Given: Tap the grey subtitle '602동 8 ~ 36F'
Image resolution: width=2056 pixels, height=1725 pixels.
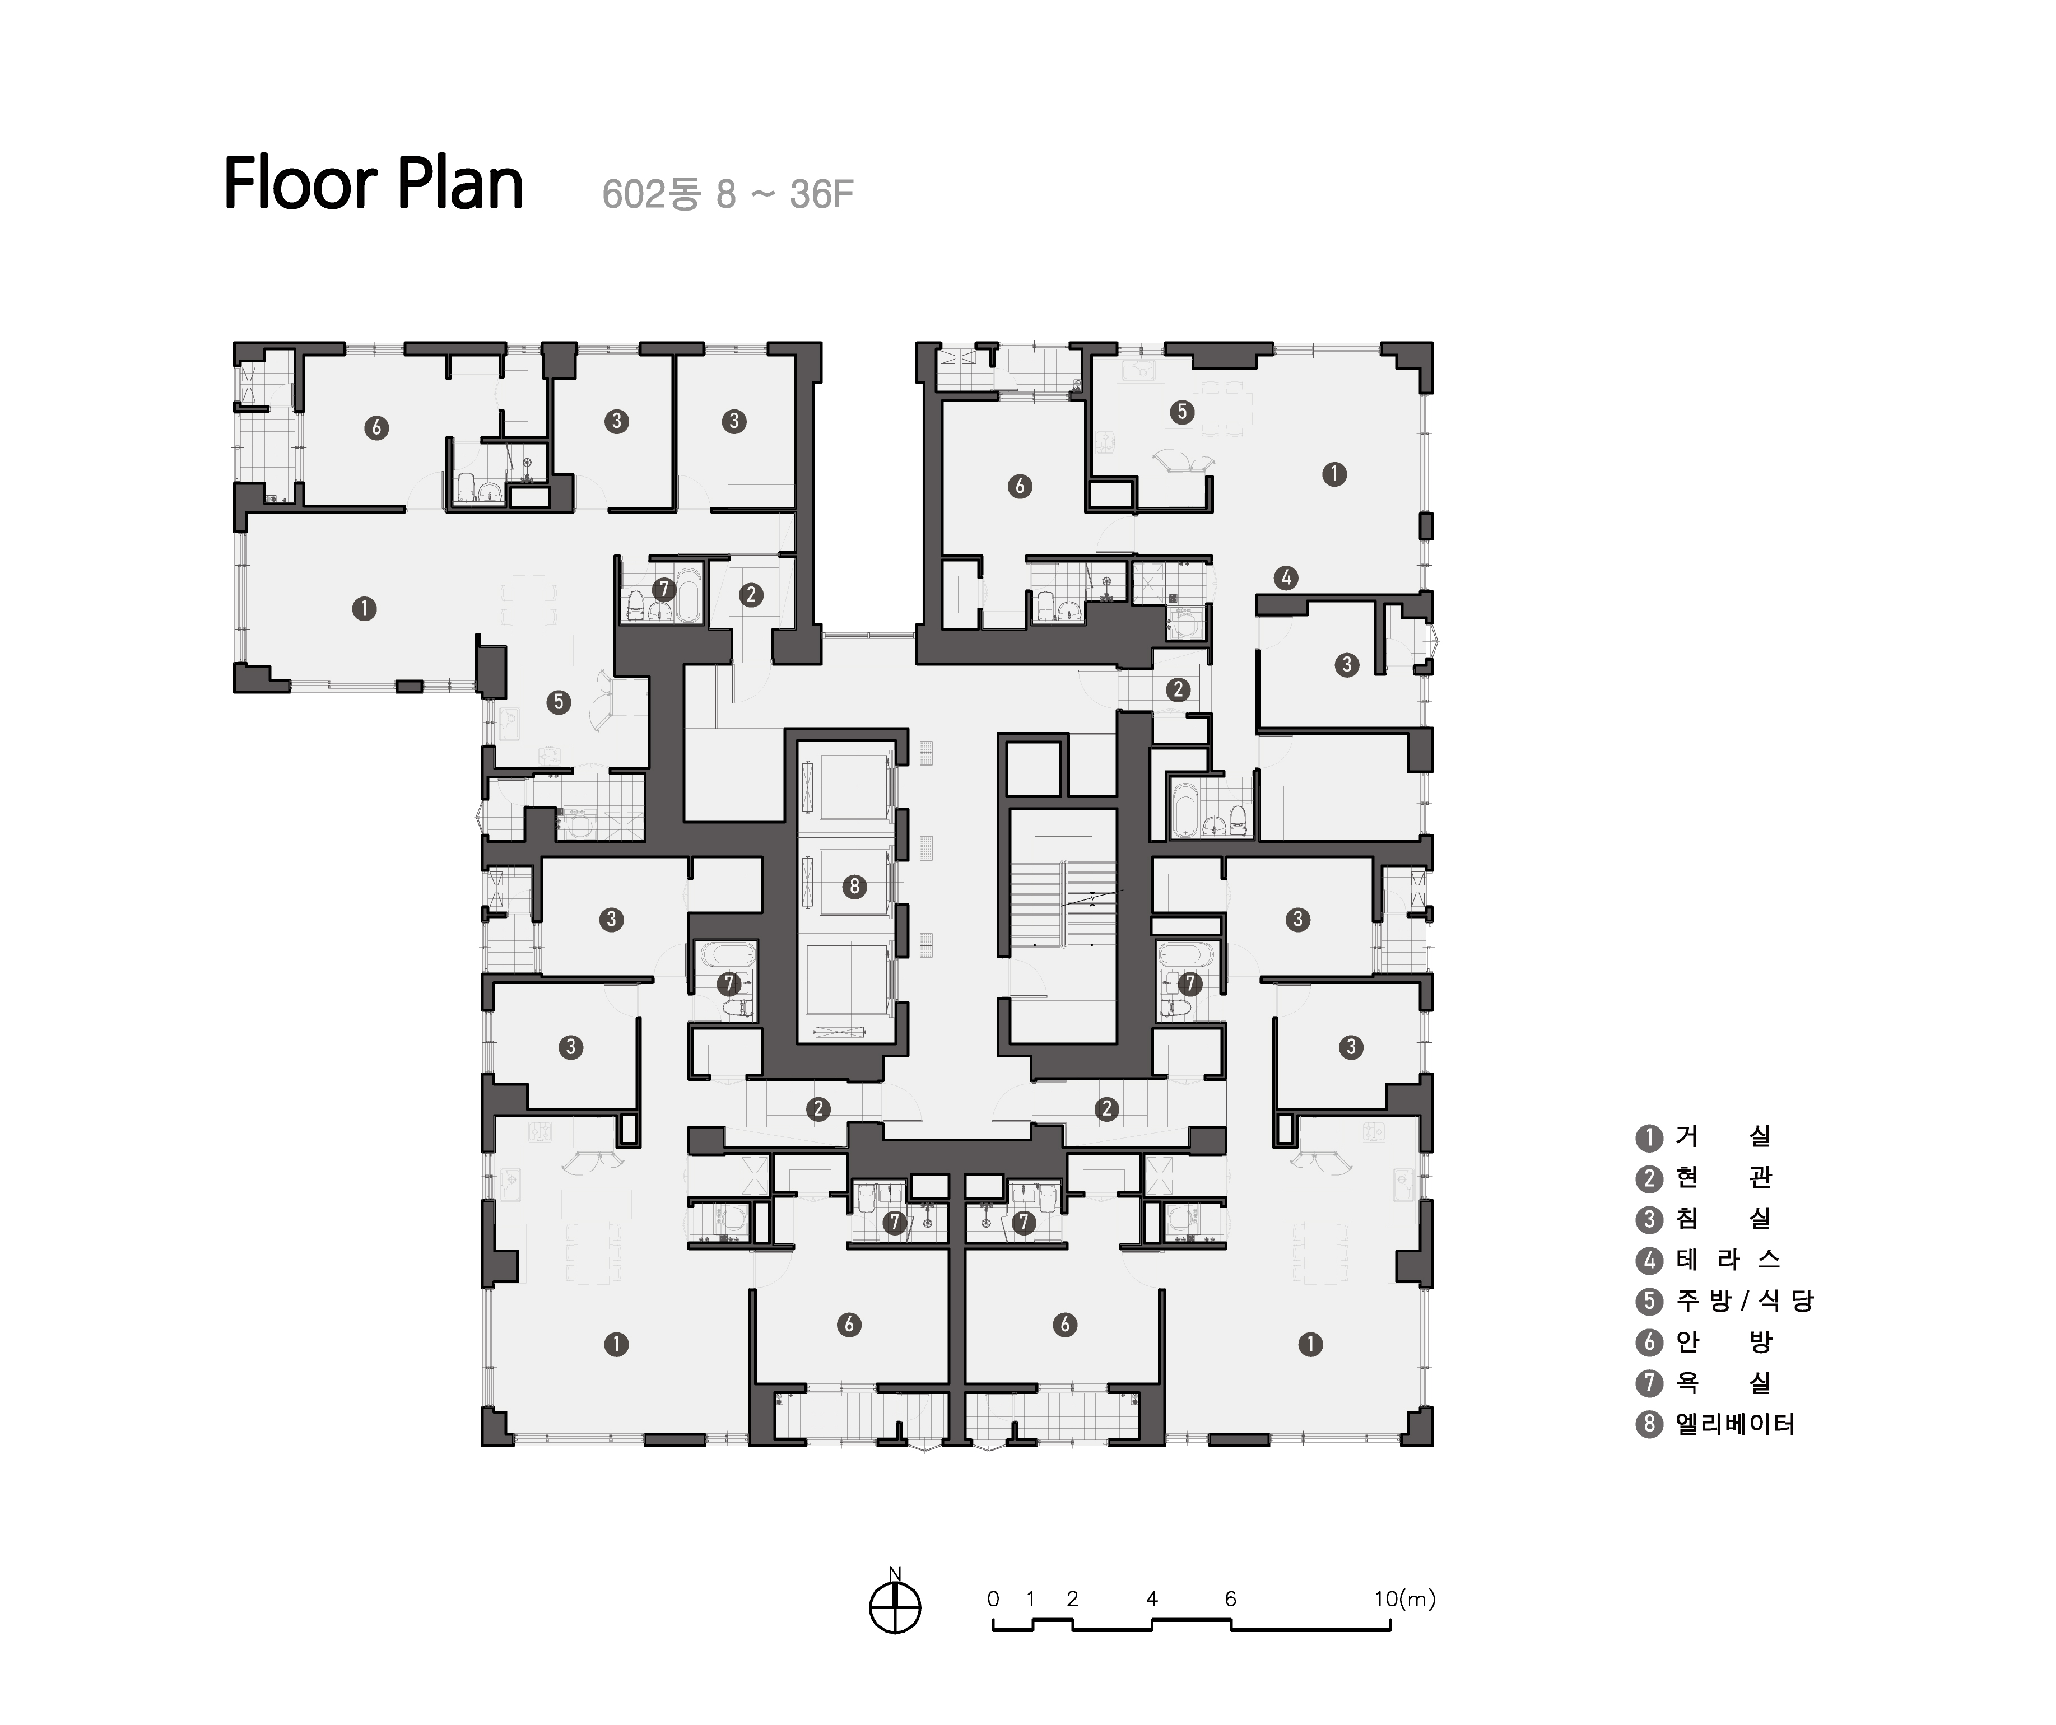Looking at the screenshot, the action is (x=727, y=194).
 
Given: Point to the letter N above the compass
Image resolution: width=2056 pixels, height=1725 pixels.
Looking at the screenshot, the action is (x=895, y=1574).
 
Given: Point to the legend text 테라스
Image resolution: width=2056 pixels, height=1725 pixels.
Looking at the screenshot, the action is (x=1727, y=1259).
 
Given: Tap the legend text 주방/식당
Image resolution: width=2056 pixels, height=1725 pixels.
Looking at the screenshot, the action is (x=1744, y=1300).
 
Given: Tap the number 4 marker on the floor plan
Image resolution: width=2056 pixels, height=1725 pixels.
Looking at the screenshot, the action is (x=1286, y=577).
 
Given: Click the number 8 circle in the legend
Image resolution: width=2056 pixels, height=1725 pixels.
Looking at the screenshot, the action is (x=1650, y=1424).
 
